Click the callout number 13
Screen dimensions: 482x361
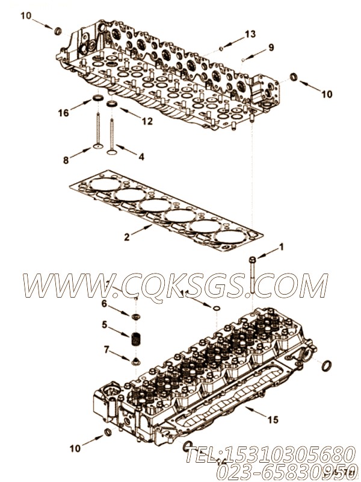[250, 33]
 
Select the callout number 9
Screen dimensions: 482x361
[270, 48]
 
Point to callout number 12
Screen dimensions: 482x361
[147, 121]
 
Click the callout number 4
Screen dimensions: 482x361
[141, 157]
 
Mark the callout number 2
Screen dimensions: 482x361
[127, 237]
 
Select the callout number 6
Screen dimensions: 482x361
[103, 303]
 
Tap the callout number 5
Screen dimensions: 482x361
[103, 325]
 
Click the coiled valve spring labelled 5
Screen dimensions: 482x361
[137, 339]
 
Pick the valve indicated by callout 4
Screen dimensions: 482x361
[111, 130]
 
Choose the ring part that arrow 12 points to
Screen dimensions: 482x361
[112, 104]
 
